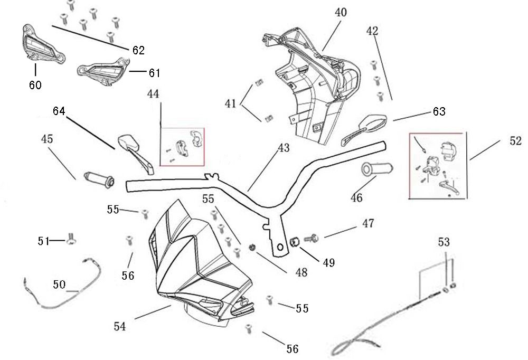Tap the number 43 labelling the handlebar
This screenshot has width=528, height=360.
pos(284,149)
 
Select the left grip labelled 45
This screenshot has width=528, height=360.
pos(99,178)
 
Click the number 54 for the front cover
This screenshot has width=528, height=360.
pos(120,327)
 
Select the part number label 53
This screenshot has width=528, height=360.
pos(444,242)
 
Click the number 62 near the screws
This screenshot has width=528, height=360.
pos(138,51)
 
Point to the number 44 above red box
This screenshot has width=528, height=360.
pos(153,94)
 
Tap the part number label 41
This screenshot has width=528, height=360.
pos(230,104)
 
